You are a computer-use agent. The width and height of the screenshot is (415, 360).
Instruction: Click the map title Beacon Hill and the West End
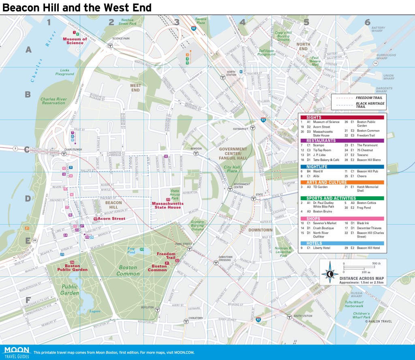(x=77, y=7)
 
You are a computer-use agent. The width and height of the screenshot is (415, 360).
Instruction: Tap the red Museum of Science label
(x=75, y=41)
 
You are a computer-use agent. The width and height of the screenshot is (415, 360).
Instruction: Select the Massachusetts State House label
(x=167, y=205)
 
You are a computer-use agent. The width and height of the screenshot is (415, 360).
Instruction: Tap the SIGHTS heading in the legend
(x=314, y=117)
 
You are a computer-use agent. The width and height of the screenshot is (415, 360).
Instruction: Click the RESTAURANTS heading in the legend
(x=321, y=140)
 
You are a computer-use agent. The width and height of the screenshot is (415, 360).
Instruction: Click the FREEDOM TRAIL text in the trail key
(x=368, y=98)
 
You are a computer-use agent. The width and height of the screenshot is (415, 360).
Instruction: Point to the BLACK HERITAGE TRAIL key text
(x=370, y=105)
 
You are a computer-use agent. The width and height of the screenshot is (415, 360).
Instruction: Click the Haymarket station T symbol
(x=252, y=127)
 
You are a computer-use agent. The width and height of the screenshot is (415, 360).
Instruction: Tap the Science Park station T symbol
(x=110, y=46)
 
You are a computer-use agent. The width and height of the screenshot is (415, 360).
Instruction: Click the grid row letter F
(x=28, y=300)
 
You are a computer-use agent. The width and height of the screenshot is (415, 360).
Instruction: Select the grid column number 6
(x=367, y=22)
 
